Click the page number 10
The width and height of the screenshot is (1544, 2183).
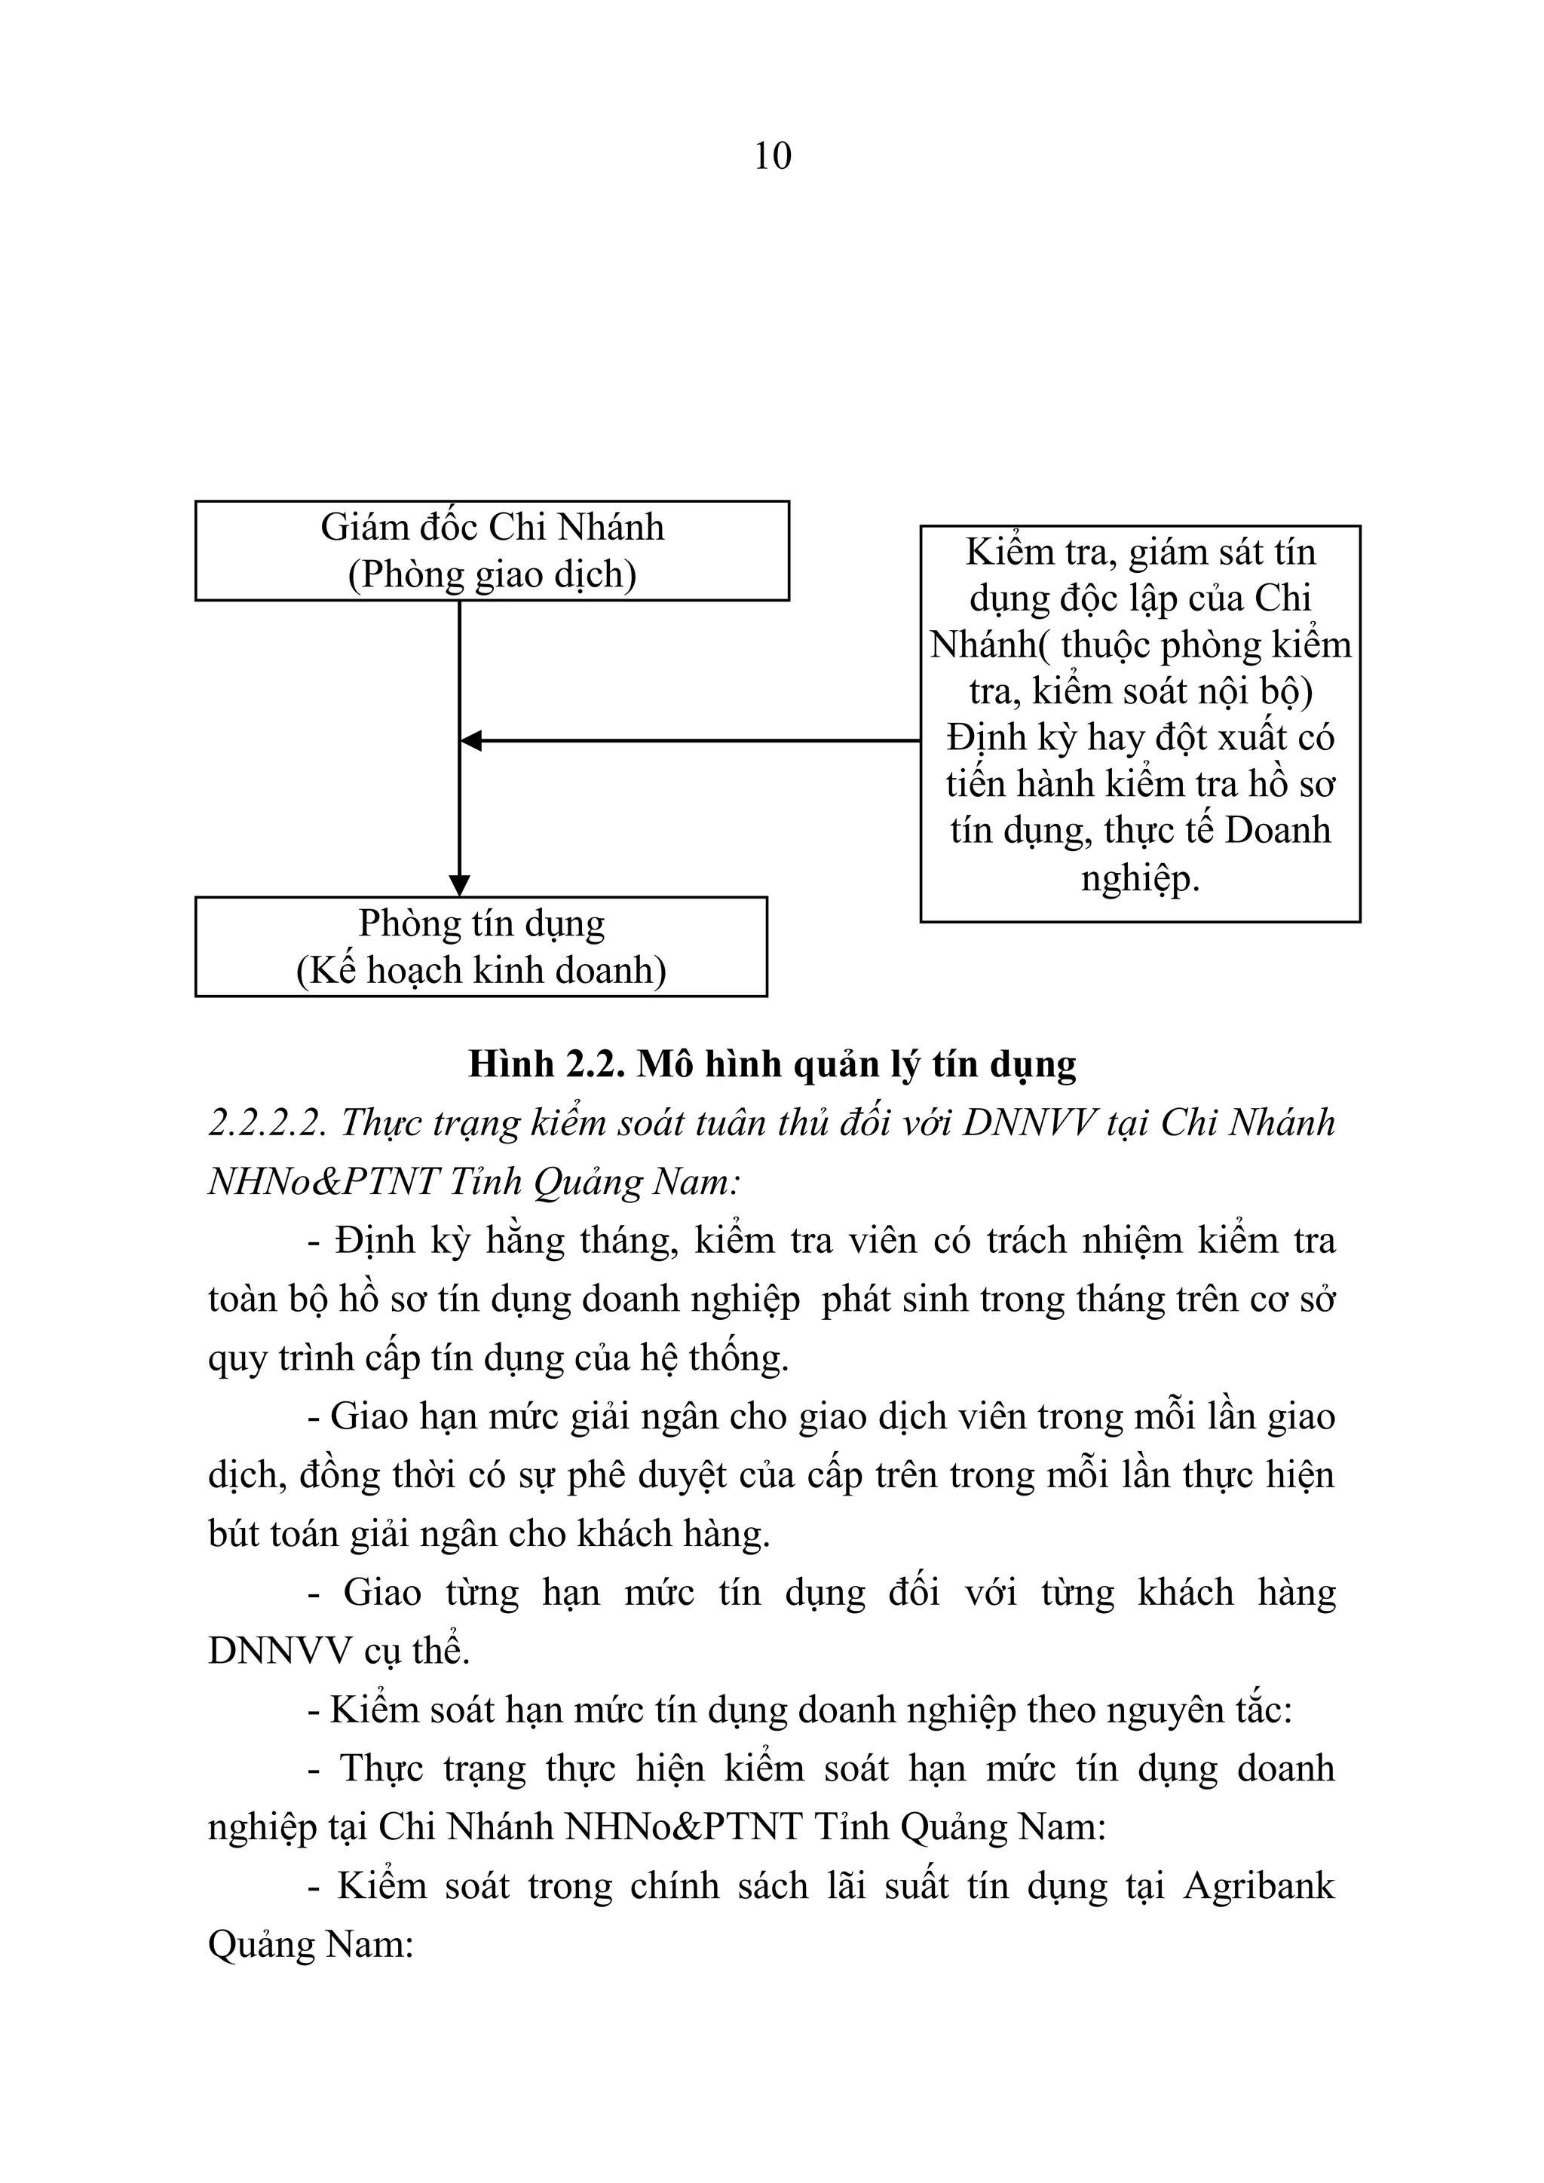tap(772, 156)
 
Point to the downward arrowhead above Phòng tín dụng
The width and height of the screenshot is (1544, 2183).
tap(459, 885)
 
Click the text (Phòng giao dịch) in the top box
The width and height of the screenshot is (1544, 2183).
tap(492, 575)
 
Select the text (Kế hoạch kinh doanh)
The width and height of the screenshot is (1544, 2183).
tap(481, 971)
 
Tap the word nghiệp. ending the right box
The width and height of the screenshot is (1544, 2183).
tap(1140, 877)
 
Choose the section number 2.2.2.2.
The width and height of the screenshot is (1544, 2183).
tap(268, 1123)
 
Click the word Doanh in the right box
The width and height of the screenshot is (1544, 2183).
tap(1277, 830)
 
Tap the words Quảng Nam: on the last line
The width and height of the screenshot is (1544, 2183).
tap(310, 1944)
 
